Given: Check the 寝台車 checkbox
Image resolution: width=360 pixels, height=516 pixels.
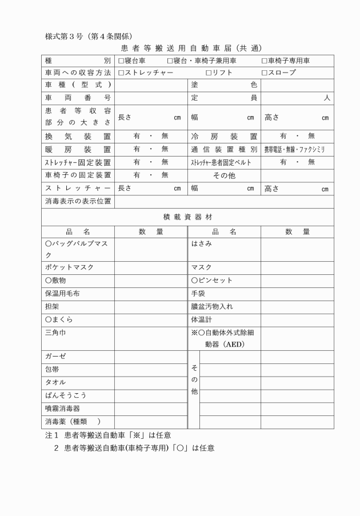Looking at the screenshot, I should click(x=121, y=61).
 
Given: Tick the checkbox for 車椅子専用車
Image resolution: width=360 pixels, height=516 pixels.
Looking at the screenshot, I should click(x=265, y=61).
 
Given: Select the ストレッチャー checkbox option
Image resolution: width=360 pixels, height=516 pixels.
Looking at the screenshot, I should click(x=121, y=73).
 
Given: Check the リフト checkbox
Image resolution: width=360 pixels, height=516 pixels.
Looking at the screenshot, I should click(x=209, y=73).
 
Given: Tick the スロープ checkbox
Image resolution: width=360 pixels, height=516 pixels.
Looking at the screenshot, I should click(x=265, y=73).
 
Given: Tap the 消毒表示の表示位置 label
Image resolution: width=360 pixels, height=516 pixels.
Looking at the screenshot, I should click(x=78, y=201).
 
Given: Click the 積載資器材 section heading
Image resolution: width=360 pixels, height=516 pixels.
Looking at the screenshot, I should click(x=187, y=218).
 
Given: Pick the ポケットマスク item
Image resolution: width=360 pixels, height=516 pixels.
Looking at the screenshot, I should click(x=69, y=267).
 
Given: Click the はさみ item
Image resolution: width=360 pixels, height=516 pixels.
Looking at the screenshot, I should click(x=202, y=244).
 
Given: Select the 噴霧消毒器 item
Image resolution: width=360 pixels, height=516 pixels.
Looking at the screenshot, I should click(x=66, y=409).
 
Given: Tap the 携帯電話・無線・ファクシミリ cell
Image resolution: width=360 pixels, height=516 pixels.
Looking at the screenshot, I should click(x=294, y=150).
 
